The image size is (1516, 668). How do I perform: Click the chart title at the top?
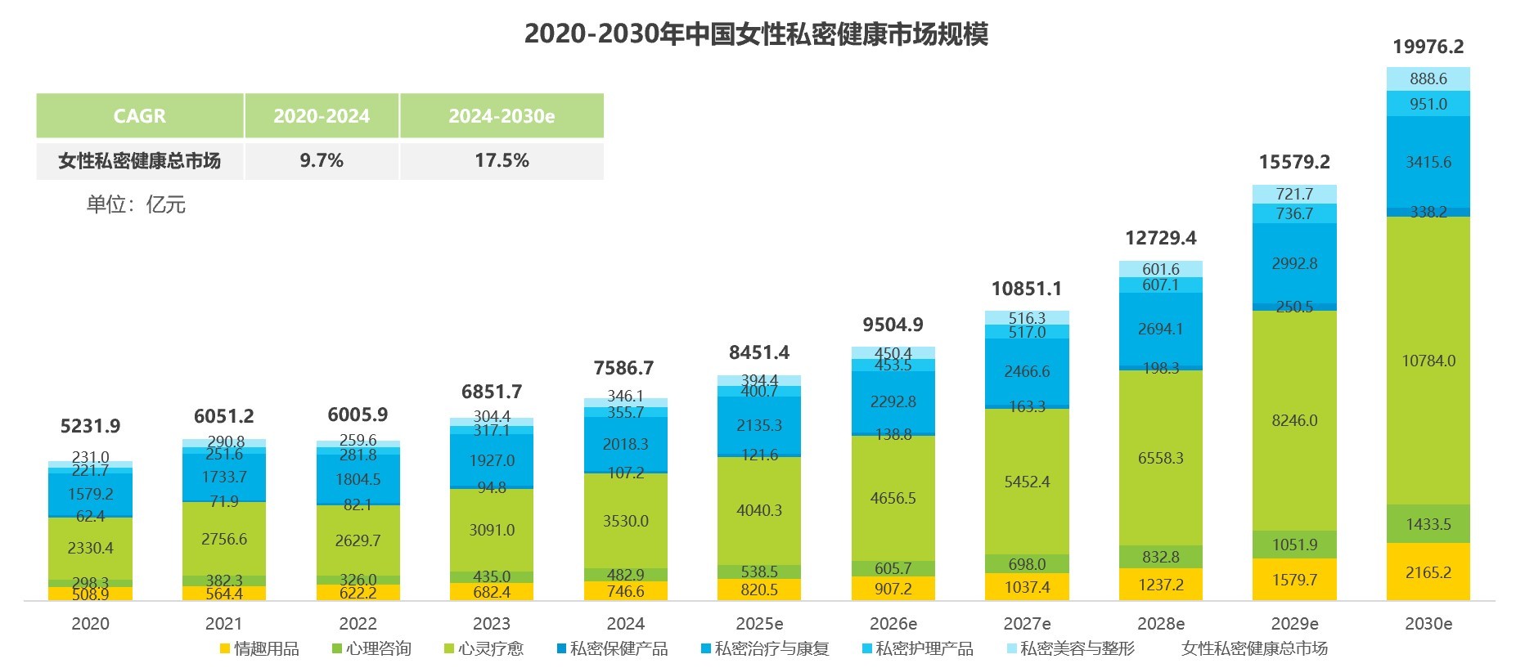point(756,34)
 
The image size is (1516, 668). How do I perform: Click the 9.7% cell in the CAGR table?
point(322,160)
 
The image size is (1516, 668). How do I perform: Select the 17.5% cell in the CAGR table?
point(502,160)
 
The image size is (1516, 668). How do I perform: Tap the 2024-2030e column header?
point(502,116)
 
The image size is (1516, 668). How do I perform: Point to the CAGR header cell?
point(140,116)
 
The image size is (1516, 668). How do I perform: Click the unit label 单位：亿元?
point(136,204)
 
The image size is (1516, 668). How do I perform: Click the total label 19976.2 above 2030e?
point(1428,47)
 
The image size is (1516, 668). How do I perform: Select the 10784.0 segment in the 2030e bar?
point(1428,361)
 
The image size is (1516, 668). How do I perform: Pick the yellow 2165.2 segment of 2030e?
point(1428,572)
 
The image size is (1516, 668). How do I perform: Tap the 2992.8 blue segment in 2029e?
point(1294,263)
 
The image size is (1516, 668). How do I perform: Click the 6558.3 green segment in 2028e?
point(1160,458)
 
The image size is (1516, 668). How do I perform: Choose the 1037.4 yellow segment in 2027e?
point(1027,587)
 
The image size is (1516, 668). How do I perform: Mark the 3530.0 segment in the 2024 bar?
point(626,521)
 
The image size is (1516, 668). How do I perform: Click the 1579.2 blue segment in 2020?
point(90,494)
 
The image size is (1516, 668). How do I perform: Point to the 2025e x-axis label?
point(759,624)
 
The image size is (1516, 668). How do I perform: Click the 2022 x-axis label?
point(358,624)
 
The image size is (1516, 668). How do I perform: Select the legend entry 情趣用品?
point(259,649)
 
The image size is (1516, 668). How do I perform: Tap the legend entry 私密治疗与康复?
point(765,649)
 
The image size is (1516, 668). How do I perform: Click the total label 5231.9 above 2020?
point(90,426)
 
